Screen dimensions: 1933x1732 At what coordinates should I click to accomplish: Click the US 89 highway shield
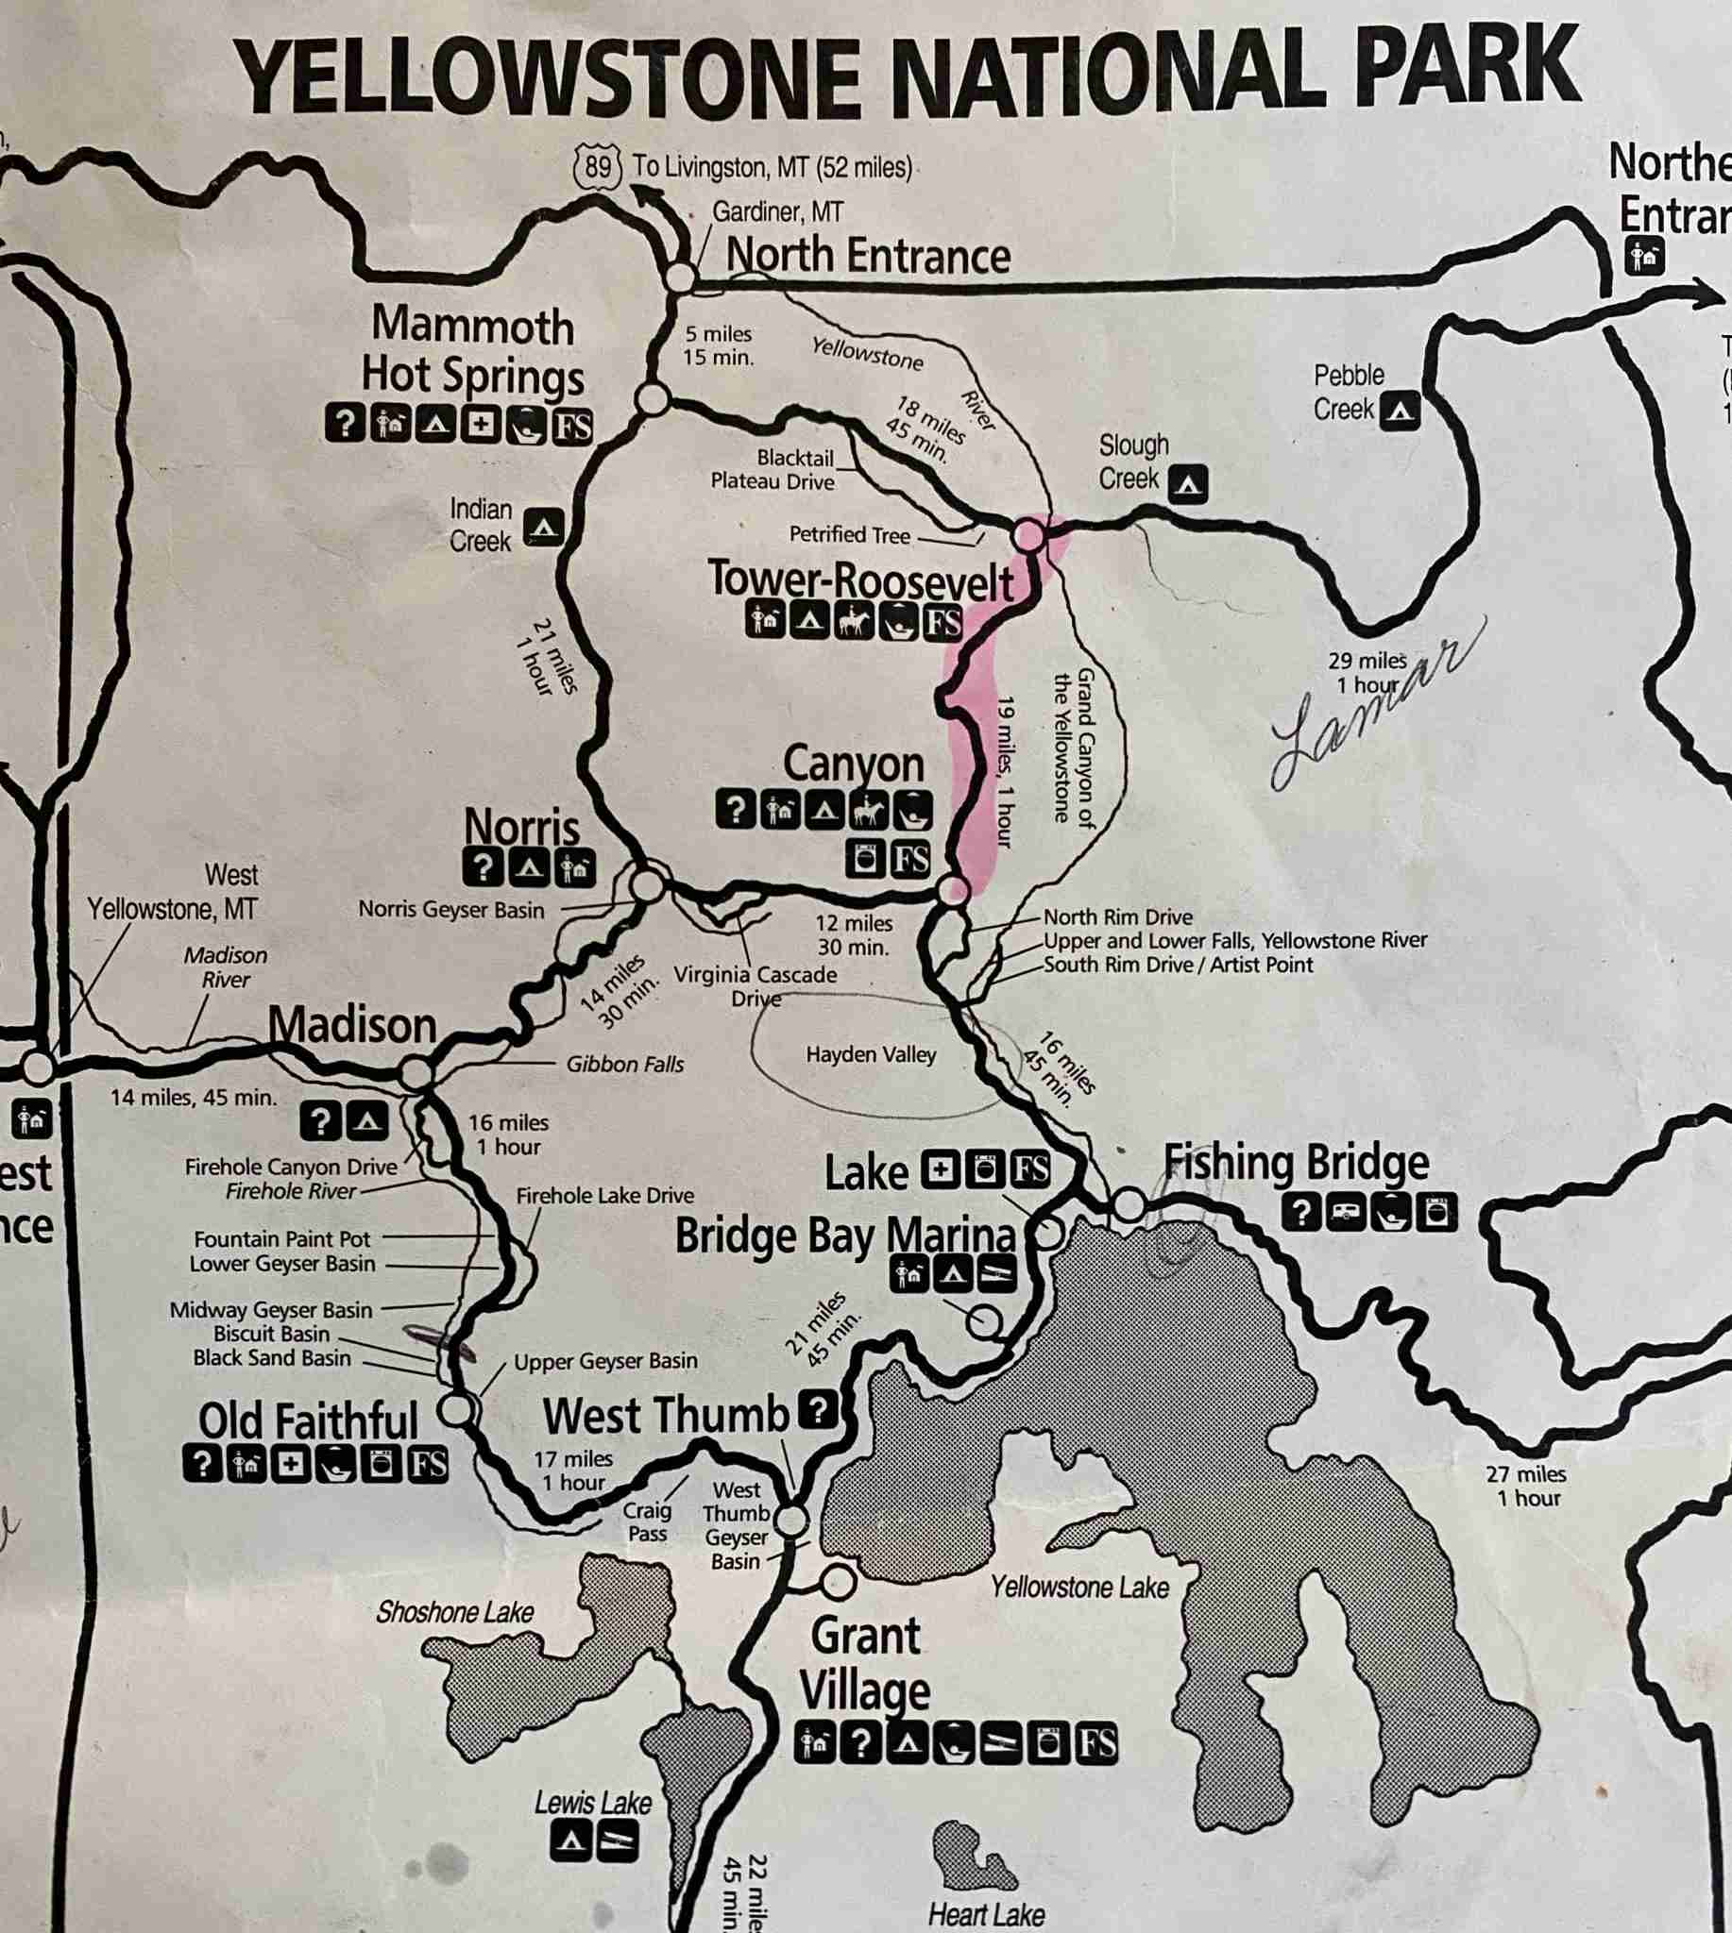click(598, 167)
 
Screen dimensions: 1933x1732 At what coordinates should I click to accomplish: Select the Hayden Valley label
click(870, 1055)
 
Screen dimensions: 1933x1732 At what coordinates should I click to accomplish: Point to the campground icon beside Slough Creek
click(1187, 483)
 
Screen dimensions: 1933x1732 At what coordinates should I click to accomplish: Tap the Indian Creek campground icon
click(543, 526)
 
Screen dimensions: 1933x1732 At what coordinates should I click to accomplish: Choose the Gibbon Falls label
click(624, 1065)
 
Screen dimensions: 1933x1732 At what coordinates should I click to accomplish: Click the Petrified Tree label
click(849, 535)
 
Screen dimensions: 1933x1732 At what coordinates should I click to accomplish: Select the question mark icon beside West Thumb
click(818, 1410)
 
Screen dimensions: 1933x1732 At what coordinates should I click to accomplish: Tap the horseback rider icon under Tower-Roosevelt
click(854, 622)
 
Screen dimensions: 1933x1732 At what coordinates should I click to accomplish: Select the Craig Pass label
click(647, 1522)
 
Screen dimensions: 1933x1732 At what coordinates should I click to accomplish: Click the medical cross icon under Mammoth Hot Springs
click(482, 425)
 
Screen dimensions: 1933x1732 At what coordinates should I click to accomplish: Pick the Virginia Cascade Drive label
click(755, 985)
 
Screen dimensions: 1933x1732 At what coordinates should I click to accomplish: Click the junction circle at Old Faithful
click(458, 1410)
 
